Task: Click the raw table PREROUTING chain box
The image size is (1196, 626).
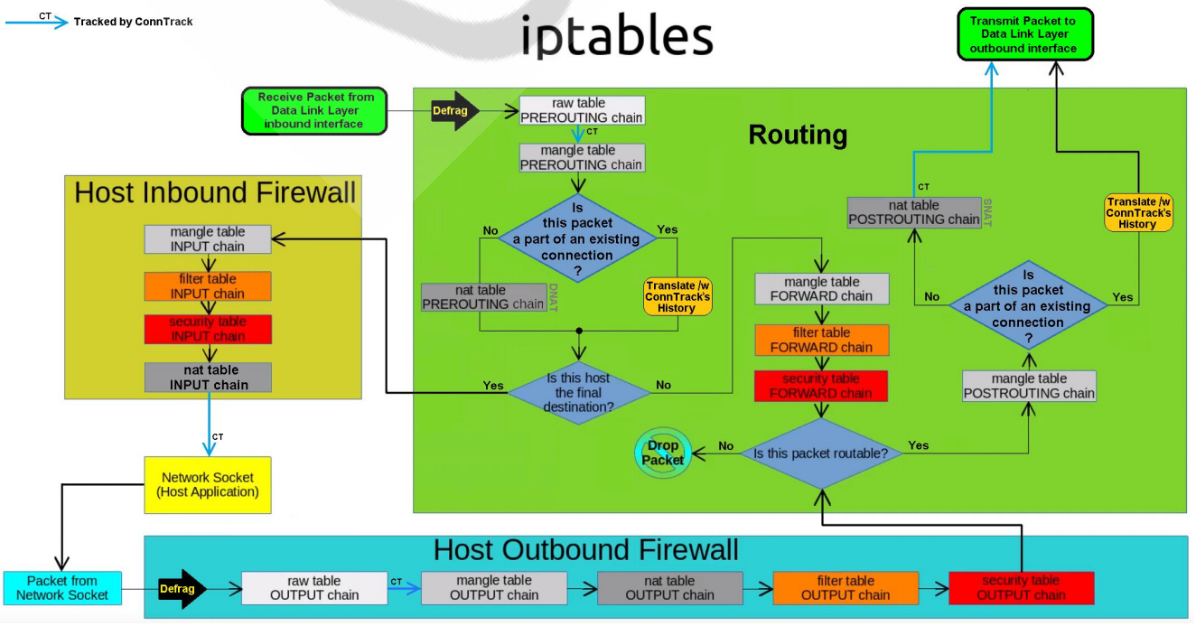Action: coord(582,110)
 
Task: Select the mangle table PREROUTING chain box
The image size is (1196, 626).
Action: coord(582,158)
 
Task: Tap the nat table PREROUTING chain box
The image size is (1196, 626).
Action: coord(483,297)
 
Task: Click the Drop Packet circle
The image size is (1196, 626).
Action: coord(663,453)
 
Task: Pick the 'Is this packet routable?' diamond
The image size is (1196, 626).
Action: coord(821,453)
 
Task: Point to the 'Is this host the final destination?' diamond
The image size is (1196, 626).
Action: coord(578,392)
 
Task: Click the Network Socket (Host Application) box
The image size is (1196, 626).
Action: coord(208,485)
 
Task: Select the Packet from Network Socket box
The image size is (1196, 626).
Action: coord(61,588)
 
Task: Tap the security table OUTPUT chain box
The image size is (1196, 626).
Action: coord(1021,588)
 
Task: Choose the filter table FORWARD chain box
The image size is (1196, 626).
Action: coord(821,340)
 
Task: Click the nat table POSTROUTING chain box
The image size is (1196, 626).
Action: coord(914,212)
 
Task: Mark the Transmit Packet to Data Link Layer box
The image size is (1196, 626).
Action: coord(1023,34)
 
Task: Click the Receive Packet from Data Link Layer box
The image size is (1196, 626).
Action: coord(314,110)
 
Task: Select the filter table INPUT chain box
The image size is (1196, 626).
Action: coord(208,286)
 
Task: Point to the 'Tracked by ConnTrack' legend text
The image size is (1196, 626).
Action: coord(134,22)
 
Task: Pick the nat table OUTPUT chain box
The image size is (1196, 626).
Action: coord(669,588)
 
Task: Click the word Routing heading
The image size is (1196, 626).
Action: coord(798,135)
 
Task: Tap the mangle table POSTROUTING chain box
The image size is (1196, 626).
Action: coord(1029,386)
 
